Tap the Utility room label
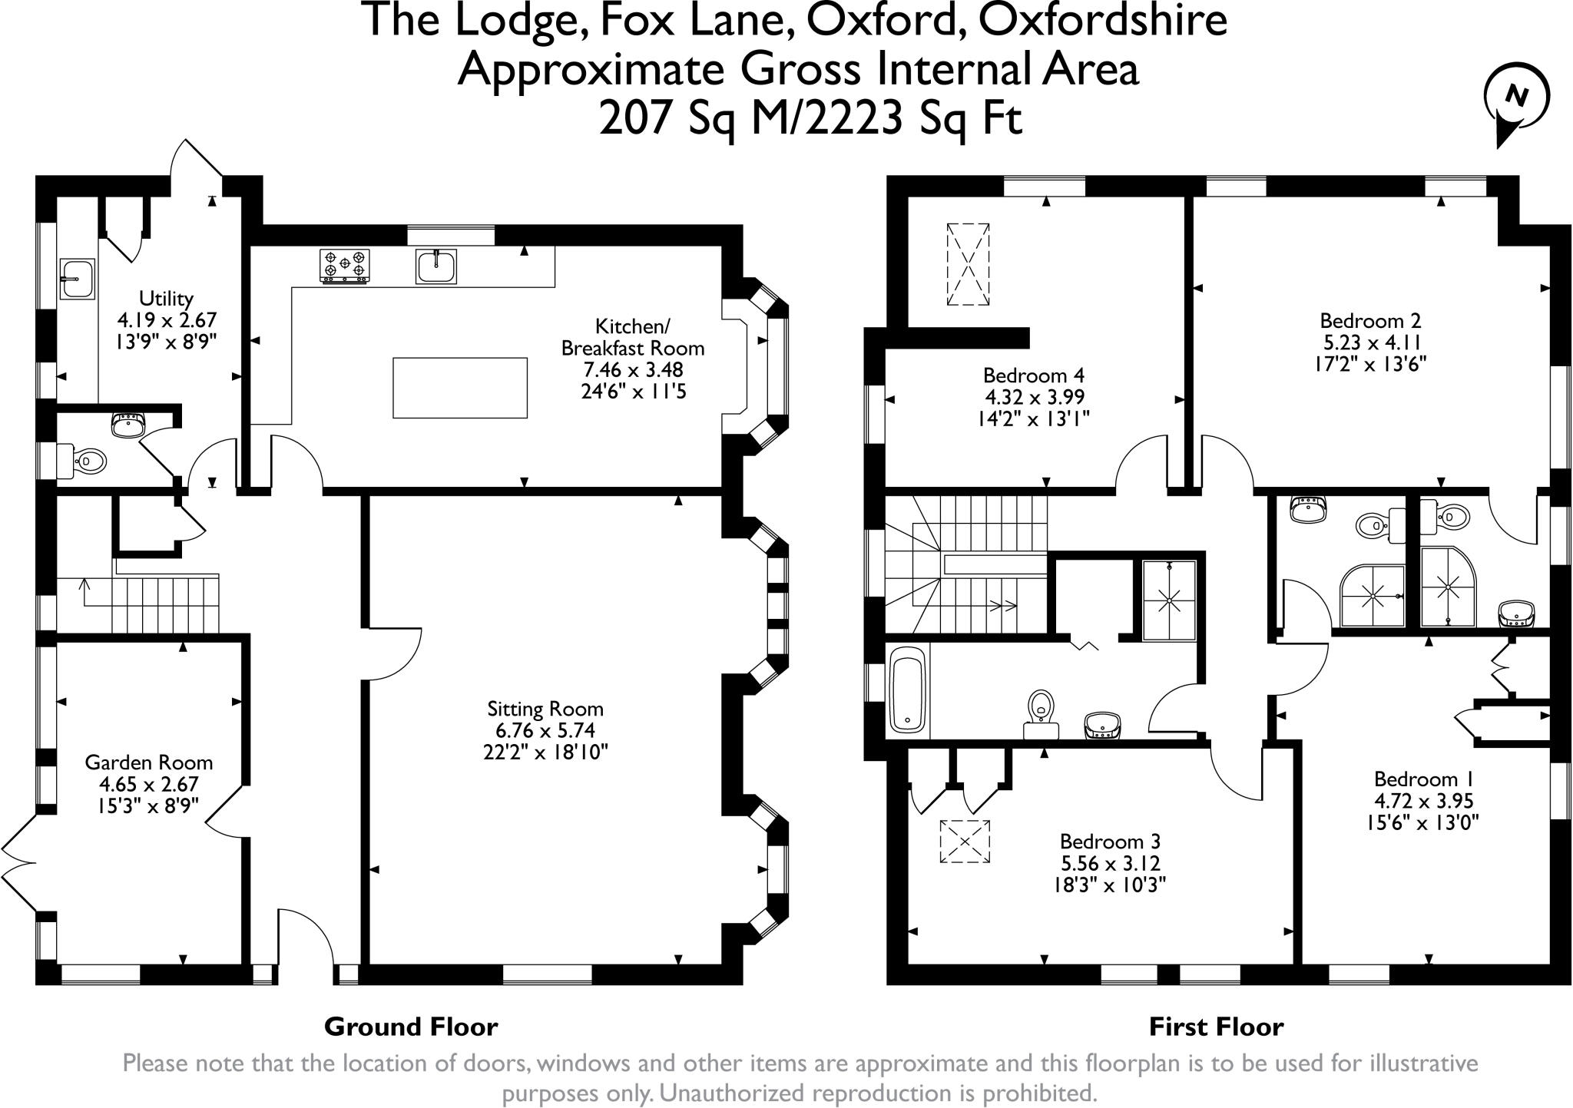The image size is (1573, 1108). [166, 298]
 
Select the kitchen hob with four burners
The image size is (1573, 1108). [344, 265]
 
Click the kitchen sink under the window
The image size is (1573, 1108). [436, 266]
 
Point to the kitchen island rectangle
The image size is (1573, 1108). [459, 388]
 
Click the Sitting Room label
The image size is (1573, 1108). [545, 709]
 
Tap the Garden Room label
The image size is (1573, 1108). [149, 762]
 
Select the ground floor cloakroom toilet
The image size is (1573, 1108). [83, 461]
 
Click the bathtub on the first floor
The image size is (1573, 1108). [908, 690]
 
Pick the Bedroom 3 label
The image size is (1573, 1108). [1110, 842]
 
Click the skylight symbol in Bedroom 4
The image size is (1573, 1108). [968, 265]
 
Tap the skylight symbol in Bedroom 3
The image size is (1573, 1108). [965, 842]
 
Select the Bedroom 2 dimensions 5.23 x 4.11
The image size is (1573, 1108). [1370, 342]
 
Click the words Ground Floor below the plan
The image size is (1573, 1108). [411, 1027]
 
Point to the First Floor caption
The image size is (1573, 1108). [1216, 1027]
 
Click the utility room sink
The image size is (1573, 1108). [76, 277]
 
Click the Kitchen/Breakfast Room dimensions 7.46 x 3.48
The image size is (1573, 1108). [632, 369]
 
